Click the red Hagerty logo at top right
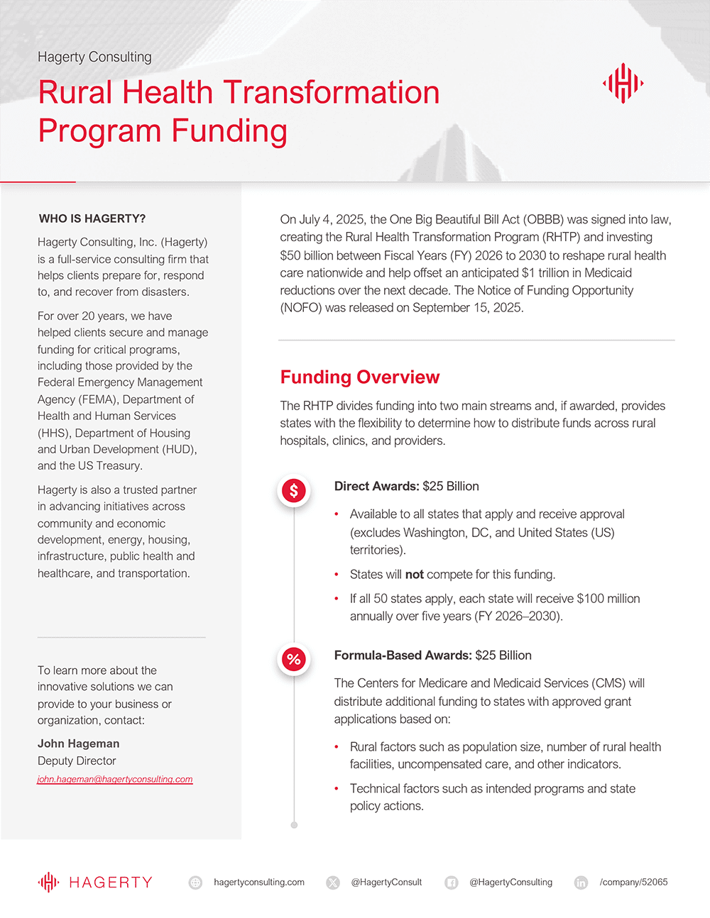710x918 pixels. coord(623,83)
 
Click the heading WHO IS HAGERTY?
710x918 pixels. coord(92,219)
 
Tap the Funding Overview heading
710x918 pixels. coord(360,377)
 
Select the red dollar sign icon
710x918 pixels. coord(294,490)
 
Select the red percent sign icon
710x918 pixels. coord(294,659)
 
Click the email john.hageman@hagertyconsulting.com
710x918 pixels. coord(115,779)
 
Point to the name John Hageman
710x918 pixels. coord(79,743)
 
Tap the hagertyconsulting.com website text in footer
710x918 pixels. coord(259,882)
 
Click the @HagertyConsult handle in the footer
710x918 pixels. coord(386,882)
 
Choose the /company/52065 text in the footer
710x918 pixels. coord(633,882)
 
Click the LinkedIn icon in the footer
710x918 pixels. coord(581,883)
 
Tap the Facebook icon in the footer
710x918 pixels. coord(451,883)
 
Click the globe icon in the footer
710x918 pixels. coord(195,883)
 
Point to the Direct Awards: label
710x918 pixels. coord(377,486)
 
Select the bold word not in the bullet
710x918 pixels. coord(415,575)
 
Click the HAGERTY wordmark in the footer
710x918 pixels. coord(111,883)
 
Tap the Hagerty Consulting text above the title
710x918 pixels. coord(94,57)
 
